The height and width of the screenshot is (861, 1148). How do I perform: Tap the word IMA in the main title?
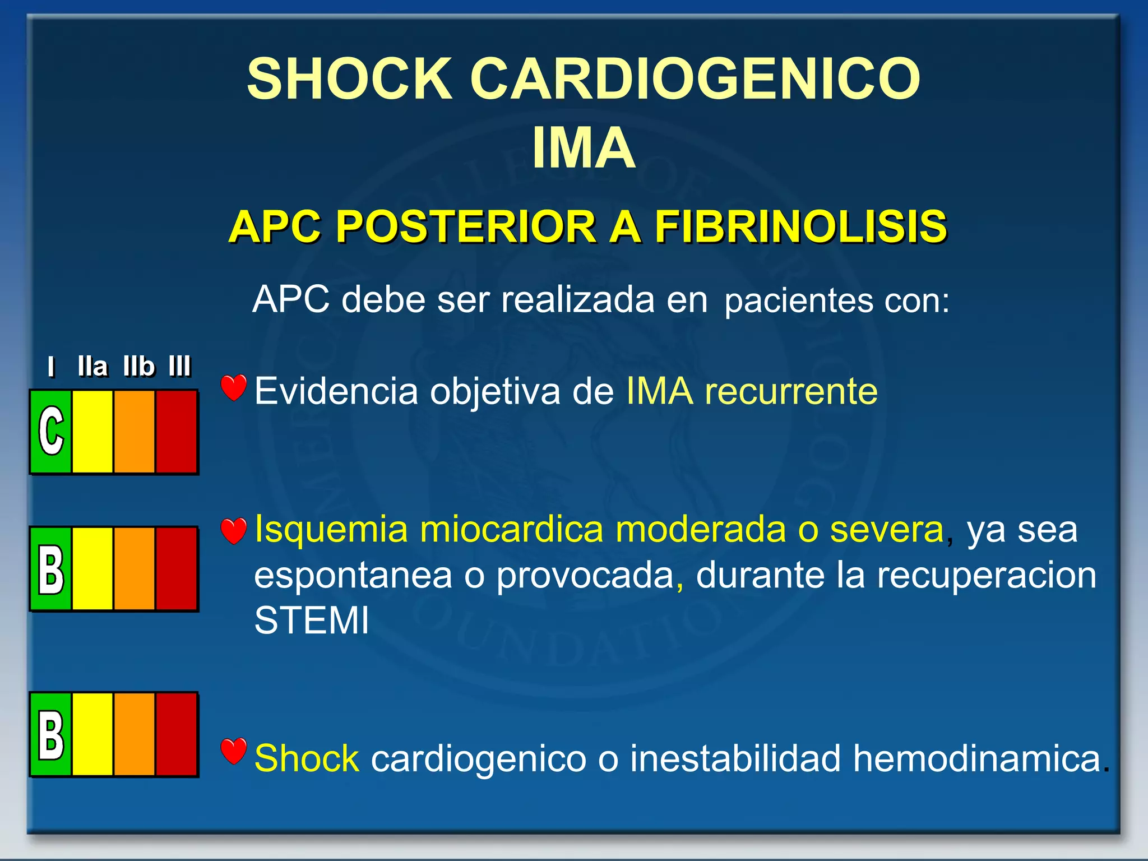(584, 148)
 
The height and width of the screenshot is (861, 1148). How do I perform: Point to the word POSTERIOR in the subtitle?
(466, 227)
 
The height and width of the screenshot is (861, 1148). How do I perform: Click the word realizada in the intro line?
(577, 299)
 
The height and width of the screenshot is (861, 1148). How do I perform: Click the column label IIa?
(92, 367)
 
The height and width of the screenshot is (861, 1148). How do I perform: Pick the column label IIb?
(138, 367)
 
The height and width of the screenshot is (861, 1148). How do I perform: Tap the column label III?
(180, 367)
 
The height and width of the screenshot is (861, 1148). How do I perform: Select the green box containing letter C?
(51, 432)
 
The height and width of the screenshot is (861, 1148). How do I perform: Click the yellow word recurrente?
(791, 391)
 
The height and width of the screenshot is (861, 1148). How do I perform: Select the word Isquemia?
(331, 530)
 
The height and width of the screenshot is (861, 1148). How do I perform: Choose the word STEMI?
(312, 621)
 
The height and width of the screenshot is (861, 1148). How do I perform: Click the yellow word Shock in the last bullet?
(307, 758)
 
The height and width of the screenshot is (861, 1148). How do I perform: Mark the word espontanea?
(353, 576)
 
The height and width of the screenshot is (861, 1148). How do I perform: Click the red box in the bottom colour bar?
(177, 734)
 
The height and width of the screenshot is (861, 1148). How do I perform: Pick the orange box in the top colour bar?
(135, 432)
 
